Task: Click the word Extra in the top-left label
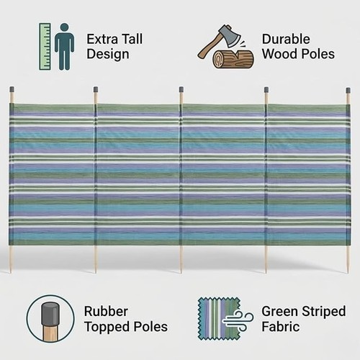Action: click(102, 39)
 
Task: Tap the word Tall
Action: click(132, 39)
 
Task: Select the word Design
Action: click(108, 54)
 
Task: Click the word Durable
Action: click(286, 39)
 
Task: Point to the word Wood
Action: click(279, 54)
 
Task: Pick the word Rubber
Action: click(106, 311)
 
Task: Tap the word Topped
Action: click(107, 327)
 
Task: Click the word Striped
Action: click(323, 312)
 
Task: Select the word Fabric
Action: click(281, 327)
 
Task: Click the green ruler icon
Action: click(45, 47)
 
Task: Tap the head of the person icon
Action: click(64, 27)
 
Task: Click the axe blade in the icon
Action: click(230, 35)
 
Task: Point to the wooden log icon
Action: click(233, 59)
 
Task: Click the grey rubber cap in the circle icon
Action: click(50, 314)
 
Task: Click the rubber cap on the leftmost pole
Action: click(12, 90)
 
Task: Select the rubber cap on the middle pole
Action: click(181, 90)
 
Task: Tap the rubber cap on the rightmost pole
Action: click(348, 91)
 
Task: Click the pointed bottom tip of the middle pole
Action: click(181, 273)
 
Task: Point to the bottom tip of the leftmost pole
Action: click(10, 272)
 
